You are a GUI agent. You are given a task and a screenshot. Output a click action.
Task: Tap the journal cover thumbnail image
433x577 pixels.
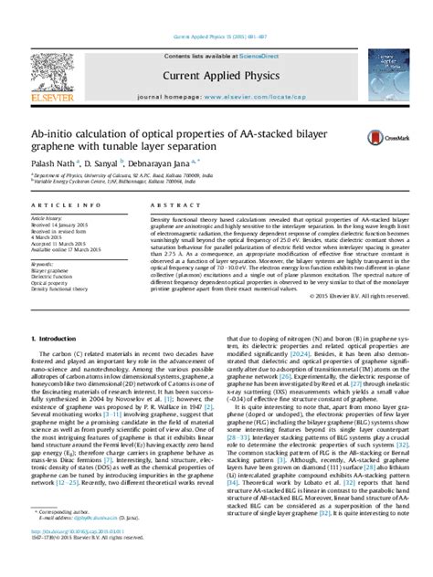[384, 77]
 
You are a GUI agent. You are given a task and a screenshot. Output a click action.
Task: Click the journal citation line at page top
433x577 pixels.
[216, 37]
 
